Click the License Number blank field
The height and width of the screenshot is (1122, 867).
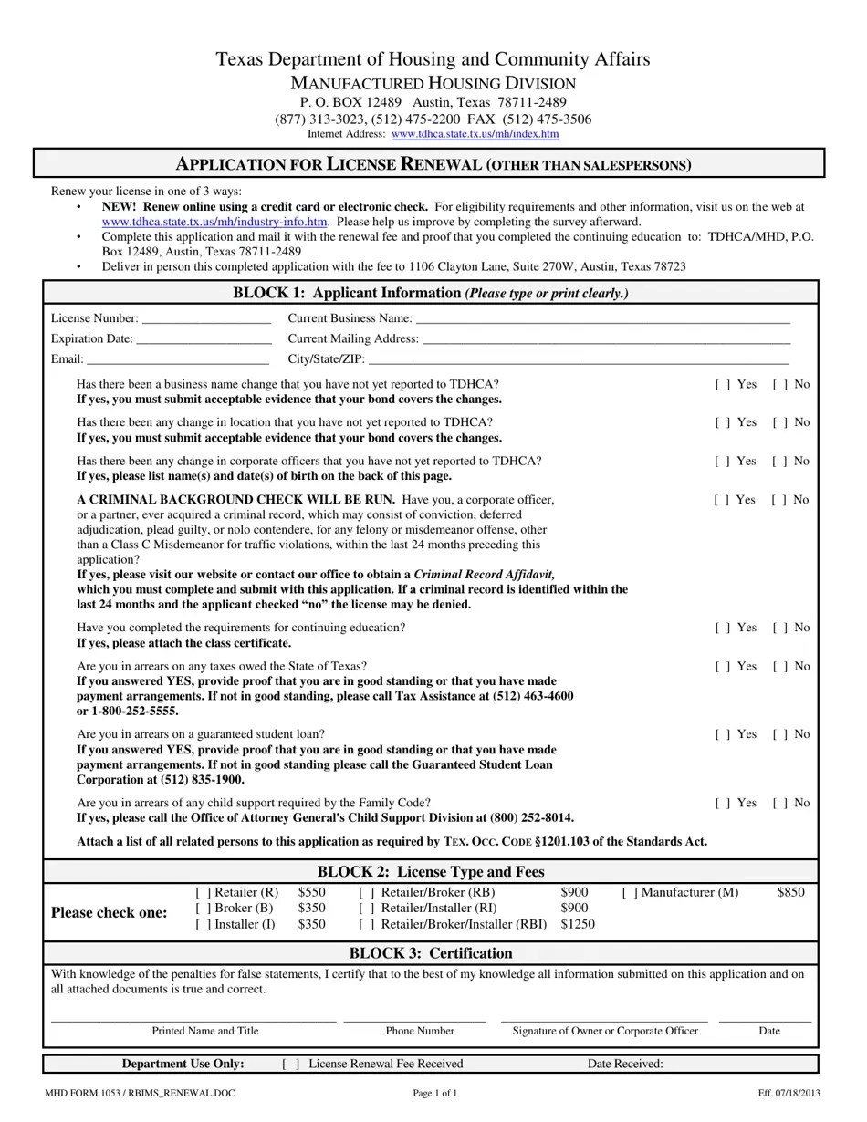tap(206, 319)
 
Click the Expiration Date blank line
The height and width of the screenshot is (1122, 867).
tap(203, 339)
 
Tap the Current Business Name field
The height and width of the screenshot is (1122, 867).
tap(602, 319)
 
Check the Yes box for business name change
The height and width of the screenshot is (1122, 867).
tap(722, 385)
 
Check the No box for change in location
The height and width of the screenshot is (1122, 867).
tap(780, 423)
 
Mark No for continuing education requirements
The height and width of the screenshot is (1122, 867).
tap(780, 629)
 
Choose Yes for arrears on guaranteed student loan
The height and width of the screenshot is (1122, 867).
tap(722, 735)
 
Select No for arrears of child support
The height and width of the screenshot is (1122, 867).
tap(780, 804)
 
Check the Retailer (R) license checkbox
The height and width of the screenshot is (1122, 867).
tap(203, 893)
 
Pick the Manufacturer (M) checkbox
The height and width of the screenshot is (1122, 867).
tap(630, 893)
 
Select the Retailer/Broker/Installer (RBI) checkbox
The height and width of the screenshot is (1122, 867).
tap(366, 925)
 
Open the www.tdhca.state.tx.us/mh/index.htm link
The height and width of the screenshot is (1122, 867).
tap(475, 134)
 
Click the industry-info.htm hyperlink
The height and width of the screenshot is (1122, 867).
tap(214, 222)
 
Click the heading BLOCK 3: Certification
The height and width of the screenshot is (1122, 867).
tap(431, 953)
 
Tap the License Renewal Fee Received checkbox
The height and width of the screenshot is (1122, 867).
tap(291, 1065)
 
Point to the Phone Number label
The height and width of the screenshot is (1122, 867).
tap(420, 1031)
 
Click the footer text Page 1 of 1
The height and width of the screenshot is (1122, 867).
tap(435, 1093)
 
